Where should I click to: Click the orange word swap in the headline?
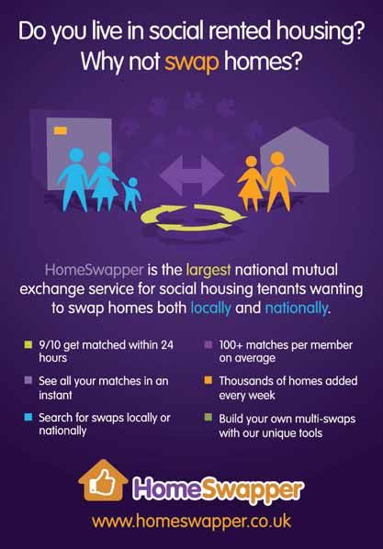point(192,62)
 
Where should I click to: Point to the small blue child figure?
point(132,194)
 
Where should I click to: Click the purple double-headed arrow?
point(192,175)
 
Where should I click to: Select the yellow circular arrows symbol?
point(194,218)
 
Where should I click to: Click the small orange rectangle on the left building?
point(61,130)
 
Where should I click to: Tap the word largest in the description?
point(208,270)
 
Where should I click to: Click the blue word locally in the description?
point(210,308)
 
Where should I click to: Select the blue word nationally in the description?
point(297,308)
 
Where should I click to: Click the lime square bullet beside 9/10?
point(28,345)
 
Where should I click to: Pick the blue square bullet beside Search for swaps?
point(28,418)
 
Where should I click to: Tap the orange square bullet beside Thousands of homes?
point(208,380)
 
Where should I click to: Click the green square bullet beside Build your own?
point(208,418)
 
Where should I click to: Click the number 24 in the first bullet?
point(167,345)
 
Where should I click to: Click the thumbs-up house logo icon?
point(103,480)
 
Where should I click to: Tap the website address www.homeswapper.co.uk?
point(191,521)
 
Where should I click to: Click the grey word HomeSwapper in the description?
point(95,270)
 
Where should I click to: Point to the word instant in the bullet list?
point(55,396)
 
